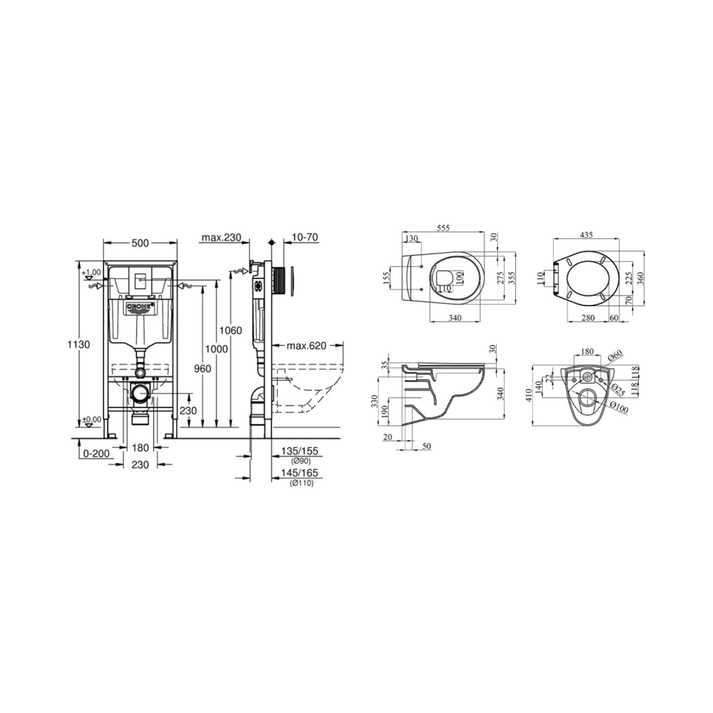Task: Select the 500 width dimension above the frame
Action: pos(140,243)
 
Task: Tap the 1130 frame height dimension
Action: pos(78,344)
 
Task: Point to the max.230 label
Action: pos(222,237)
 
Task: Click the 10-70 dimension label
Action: pos(305,237)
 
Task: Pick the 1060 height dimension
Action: pos(231,330)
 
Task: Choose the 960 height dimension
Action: pos(202,368)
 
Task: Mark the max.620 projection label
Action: pos(306,346)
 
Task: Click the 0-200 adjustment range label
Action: pos(96,453)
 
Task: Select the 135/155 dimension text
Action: pos(299,451)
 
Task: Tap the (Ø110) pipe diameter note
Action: pos(301,483)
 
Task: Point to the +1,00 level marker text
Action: pos(91,272)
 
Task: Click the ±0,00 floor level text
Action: pos(91,419)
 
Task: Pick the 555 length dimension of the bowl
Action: pos(443,229)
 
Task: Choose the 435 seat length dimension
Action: pos(587,235)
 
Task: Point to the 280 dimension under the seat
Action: pos(588,318)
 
